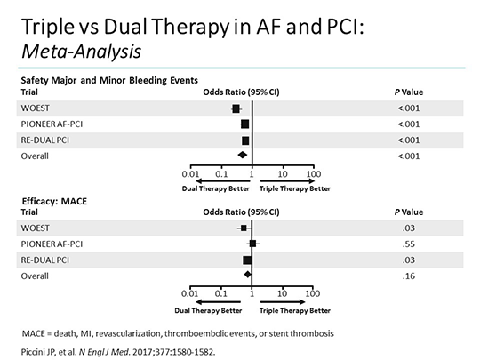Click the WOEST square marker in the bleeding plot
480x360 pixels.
coord(236,108)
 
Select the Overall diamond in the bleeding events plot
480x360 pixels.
coord(244,156)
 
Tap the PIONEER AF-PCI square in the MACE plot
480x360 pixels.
coord(252,244)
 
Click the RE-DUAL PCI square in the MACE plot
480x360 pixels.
coord(247,260)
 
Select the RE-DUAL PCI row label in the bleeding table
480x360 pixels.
coord(46,140)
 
